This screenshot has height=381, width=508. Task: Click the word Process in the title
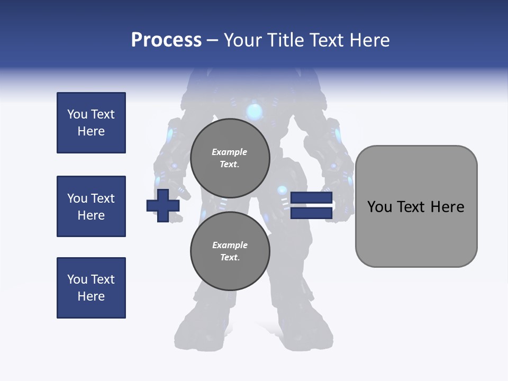click(x=166, y=40)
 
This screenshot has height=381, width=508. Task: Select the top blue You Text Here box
click(x=91, y=123)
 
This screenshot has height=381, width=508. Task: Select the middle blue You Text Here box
click(x=91, y=206)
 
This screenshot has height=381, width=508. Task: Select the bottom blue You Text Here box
click(x=91, y=288)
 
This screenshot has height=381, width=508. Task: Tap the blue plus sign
click(x=163, y=205)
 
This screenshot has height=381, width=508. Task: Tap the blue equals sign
click(x=311, y=205)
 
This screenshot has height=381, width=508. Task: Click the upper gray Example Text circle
click(x=230, y=158)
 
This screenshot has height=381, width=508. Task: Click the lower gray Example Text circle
click(x=230, y=251)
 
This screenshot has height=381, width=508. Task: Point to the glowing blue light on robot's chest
click(x=255, y=112)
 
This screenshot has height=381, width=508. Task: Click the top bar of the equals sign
click(x=311, y=198)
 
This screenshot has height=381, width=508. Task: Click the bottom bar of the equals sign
click(x=311, y=213)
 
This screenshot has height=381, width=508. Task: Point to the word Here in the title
click(x=369, y=40)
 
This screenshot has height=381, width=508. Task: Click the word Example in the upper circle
click(x=229, y=152)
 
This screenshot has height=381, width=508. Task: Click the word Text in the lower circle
click(x=229, y=258)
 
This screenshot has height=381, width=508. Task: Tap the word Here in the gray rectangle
click(x=447, y=207)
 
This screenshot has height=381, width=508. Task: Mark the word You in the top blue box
click(x=77, y=114)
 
